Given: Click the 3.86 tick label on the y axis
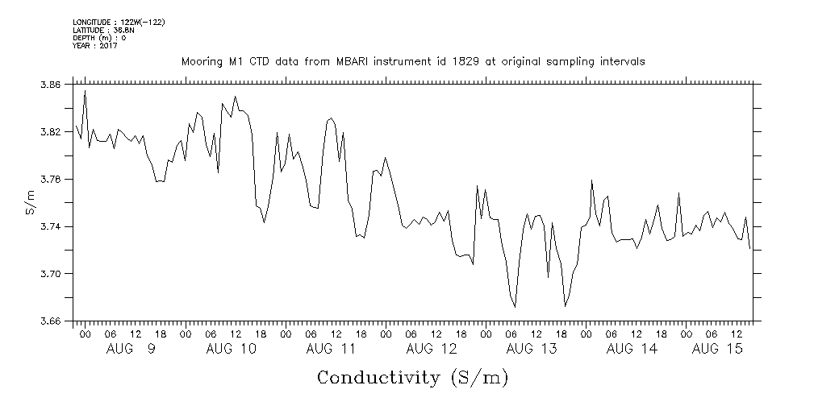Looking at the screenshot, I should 49,85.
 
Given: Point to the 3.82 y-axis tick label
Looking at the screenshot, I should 49,132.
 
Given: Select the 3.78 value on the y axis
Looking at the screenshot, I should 49,180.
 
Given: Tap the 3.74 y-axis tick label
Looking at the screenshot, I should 49,227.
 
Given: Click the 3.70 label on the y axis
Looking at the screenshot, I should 49,275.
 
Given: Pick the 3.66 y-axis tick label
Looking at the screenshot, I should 49,321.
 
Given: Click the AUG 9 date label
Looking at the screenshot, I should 131,350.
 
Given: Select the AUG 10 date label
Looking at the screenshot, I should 231,350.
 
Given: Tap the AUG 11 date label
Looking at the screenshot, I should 331,350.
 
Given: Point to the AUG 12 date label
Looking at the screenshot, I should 431,350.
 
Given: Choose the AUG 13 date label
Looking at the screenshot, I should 531,350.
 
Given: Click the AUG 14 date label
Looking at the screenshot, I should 631,350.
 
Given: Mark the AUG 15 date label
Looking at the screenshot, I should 718,350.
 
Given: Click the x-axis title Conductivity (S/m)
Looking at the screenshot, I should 413,378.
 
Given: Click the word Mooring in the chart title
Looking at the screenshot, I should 200,62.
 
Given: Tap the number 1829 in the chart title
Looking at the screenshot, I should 460,62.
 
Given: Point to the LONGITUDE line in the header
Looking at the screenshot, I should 119,22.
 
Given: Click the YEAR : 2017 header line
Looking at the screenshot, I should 94,46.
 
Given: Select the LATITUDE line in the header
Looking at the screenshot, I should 102,30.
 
